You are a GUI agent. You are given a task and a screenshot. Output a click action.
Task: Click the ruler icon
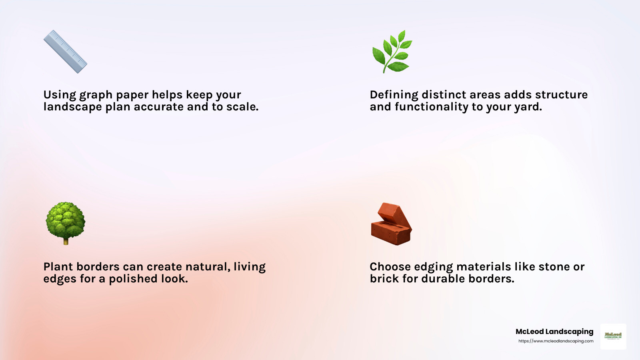(65, 52)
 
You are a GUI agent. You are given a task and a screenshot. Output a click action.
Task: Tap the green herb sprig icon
(392, 52)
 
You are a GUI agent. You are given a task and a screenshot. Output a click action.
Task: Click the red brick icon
(391, 224)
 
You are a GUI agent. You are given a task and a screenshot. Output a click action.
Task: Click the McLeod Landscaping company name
(554, 332)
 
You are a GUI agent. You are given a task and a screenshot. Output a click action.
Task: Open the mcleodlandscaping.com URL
(556, 341)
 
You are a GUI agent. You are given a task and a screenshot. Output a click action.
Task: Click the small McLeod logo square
(613, 336)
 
